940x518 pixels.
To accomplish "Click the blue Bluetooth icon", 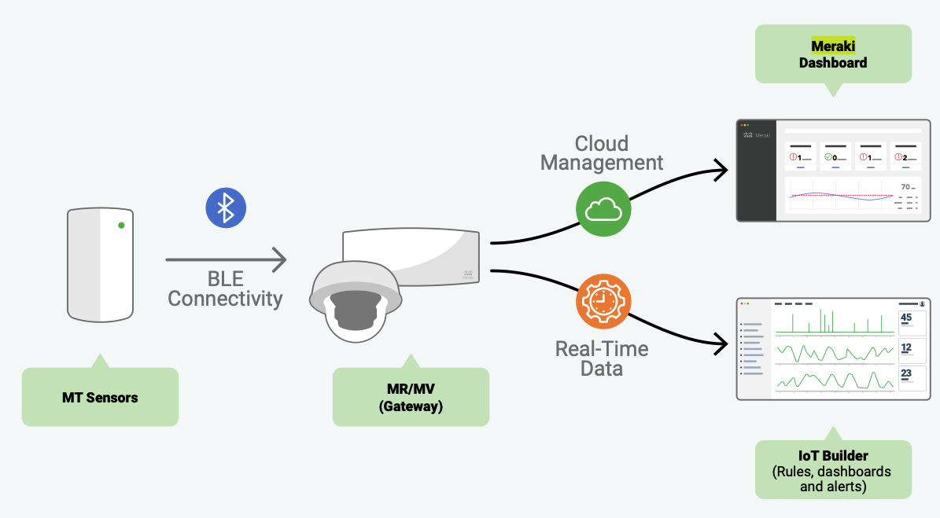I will [x=226, y=208].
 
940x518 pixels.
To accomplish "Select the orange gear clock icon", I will [x=603, y=300].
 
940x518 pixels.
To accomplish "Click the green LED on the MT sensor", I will [x=121, y=226].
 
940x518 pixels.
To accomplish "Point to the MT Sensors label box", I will [x=100, y=397].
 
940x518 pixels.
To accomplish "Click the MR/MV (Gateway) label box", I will [x=411, y=397].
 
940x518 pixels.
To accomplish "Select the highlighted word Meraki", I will [x=833, y=46].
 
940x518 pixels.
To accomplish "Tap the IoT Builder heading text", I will [x=833, y=456].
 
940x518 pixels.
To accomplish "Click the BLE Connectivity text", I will [x=225, y=288].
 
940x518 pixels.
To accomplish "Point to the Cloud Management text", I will [x=602, y=153].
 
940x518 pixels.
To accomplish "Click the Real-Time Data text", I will [x=602, y=358].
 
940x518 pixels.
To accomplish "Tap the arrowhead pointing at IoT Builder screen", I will [x=719, y=343].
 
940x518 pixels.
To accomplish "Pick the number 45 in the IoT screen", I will [x=906, y=318].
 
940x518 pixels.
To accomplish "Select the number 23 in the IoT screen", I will [x=906, y=373].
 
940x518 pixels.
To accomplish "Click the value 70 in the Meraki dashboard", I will [x=905, y=187].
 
